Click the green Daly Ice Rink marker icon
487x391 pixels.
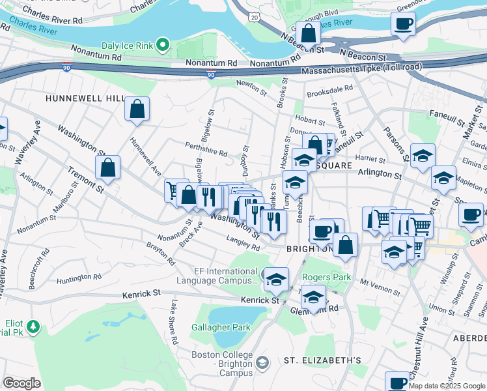click(163, 45)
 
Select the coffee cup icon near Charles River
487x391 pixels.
click(403, 24)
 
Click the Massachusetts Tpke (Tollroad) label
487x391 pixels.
click(361, 67)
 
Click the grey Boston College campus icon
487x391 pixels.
click(262, 362)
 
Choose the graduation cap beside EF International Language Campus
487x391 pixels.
click(277, 280)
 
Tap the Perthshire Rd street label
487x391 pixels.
click(205, 154)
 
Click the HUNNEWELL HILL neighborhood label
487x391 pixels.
click(85, 98)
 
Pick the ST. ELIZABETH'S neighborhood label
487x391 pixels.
click(322, 360)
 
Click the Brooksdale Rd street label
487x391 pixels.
click(330, 87)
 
